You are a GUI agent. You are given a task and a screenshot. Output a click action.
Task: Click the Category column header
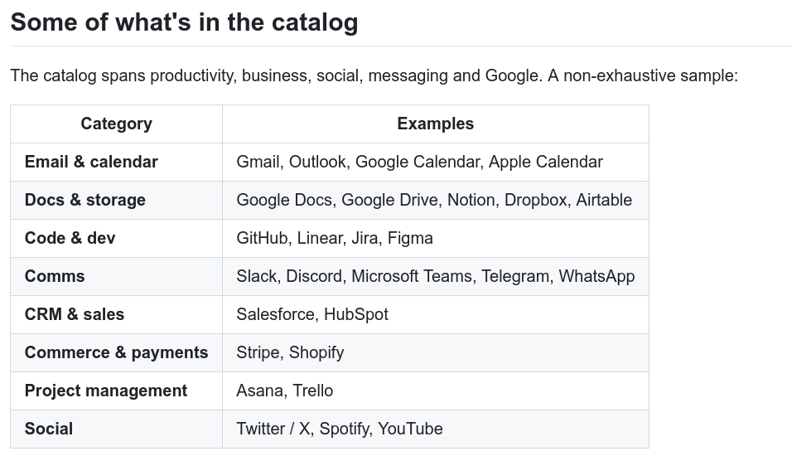tap(116, 124)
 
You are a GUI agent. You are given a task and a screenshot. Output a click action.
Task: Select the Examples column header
tap(436, 124)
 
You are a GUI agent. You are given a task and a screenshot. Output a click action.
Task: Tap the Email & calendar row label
tap(91, 162)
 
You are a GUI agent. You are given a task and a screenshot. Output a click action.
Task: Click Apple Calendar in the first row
tap(545, 162)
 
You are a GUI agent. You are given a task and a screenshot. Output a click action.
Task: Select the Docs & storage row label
tap(85, 200)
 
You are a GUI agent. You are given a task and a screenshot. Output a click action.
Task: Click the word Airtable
tap(604, 200)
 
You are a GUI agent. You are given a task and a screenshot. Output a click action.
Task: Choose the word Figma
tap(410, 239)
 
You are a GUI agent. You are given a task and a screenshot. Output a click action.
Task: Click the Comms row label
tap(55, 276)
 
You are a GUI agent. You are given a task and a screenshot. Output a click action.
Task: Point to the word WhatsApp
tap(596, 276)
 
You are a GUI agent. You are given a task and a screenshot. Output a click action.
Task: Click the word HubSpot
tap(356, 314)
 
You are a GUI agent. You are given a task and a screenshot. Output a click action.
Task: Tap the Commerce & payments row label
tap(116, 353)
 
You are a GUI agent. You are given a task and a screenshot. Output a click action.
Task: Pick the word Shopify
tap(316, 353)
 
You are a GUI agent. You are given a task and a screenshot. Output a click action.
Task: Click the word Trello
tap(312, 391)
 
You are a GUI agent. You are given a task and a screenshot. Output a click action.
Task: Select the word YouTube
tap(410, 429)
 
